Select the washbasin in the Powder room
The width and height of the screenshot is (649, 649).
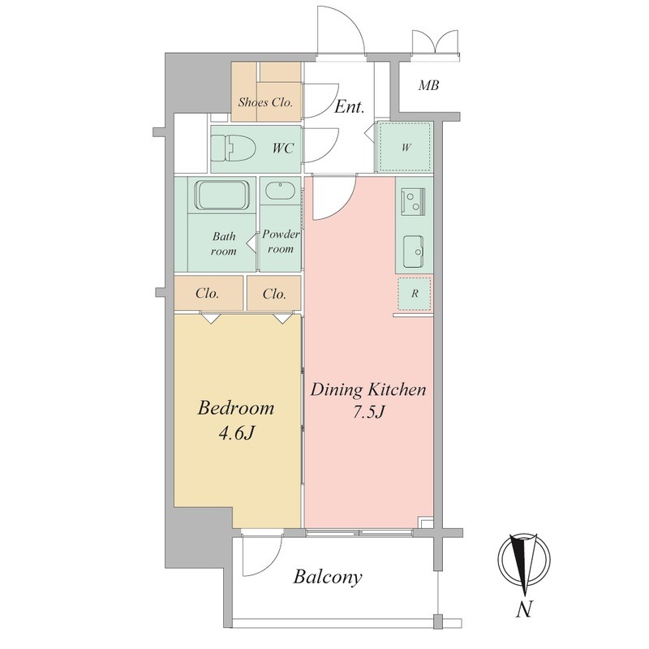click(280, 191)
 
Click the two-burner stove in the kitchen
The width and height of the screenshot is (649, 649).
click(413, 201)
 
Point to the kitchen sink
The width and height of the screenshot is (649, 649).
click(414, 251)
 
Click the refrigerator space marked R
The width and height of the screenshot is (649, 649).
click(415, 294)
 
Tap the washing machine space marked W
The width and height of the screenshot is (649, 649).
click(406, 147)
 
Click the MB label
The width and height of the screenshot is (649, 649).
click(428, 86)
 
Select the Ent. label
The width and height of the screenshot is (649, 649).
click(350, 107)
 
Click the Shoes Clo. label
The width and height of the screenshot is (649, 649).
click(265, 102)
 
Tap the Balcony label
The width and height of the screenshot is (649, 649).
click(328, 578)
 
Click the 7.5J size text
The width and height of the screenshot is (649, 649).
click(369, 412)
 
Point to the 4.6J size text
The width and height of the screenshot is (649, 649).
click(236, 433)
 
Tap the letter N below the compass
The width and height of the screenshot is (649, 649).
click(524, 609)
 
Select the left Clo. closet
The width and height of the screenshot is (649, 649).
click(208, 294)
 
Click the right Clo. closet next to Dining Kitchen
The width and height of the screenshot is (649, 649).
click(274, 294)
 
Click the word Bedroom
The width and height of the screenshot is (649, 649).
click(236, 408)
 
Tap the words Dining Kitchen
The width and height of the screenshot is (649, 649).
click(368, 389)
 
